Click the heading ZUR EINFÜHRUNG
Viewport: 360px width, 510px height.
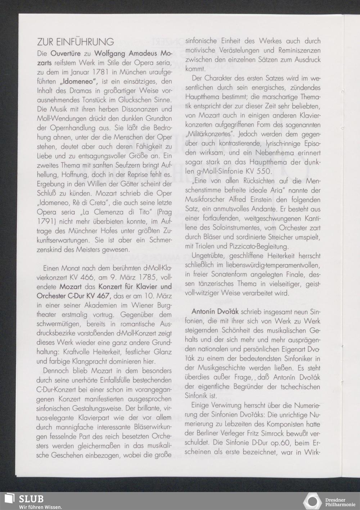75,42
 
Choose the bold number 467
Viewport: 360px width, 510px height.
105,296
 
